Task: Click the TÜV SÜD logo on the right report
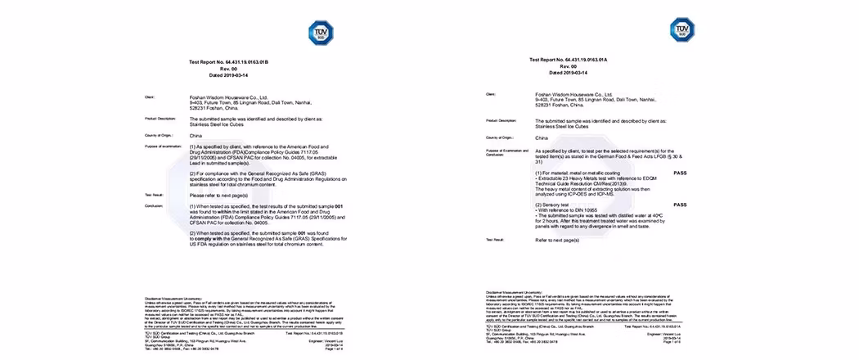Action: [x=681, y=31]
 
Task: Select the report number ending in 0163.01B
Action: [x=228, y=62]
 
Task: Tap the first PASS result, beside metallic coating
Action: [x=680, y=173]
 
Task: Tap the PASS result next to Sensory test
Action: [x=680, y=205]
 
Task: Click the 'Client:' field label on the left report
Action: [x=150, y=97]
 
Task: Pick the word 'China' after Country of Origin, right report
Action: [x=542, y=138]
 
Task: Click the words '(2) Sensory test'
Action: [x=558, y=205]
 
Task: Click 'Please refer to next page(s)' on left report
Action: [x=218, y=196]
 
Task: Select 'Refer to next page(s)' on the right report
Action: [x=557, y=240]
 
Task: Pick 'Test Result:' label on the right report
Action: [x=494, y=240]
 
